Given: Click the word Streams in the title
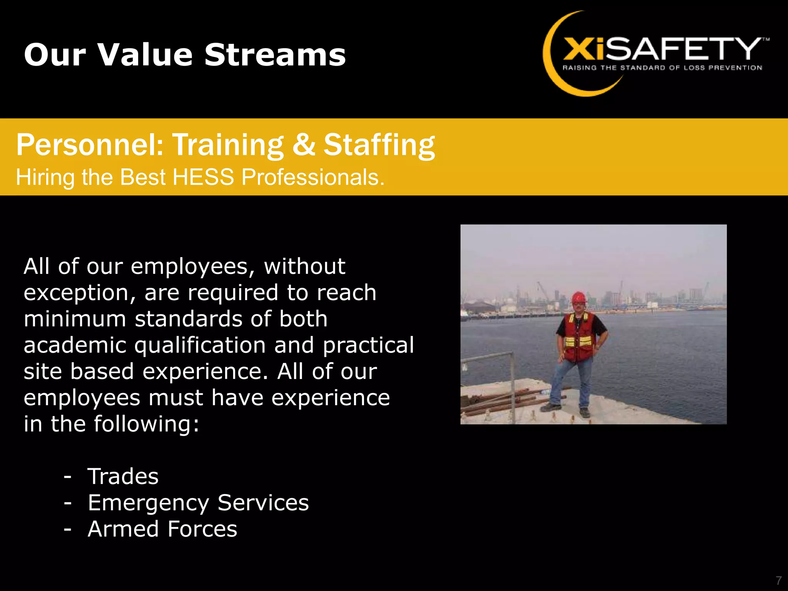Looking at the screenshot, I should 275,55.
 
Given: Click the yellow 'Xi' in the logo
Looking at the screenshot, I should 583,49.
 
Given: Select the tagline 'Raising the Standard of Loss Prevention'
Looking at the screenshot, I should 662,68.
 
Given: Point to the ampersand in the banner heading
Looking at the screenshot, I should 304,145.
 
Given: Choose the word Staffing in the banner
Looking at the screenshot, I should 379,145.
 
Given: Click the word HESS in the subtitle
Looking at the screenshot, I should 203,177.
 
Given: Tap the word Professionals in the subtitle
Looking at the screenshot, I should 313,177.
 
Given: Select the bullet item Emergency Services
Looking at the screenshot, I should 198,503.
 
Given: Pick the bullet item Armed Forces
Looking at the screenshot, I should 162,529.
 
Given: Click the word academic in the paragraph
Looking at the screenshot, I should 75,345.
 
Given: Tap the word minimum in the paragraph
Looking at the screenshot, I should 75,319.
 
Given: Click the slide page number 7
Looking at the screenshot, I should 778,580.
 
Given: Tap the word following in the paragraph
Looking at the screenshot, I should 147,424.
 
